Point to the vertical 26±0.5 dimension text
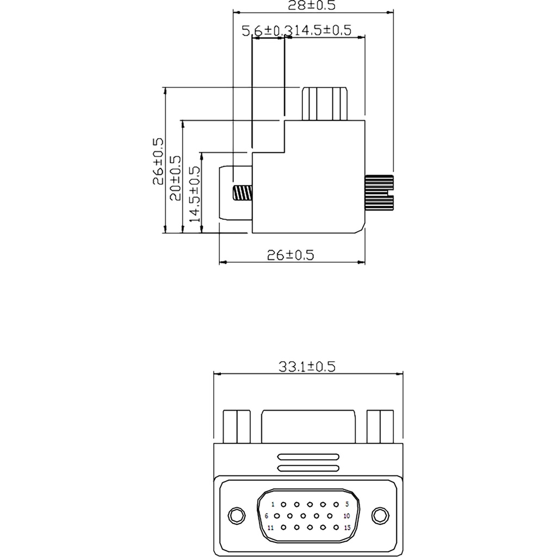(x=158, y=161)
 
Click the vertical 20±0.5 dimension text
(x=176, y=177)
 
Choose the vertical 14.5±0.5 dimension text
(x=194, y=194)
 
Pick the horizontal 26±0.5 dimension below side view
(x=291, y=255)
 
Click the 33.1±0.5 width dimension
(x=307, y=366)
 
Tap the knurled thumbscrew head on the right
(x=379, y=193)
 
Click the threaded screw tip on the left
(x=243, y=193)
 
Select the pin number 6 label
(x=267, y=516)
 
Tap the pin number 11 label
(x=270, y=528)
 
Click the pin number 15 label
(x=346, y=528)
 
